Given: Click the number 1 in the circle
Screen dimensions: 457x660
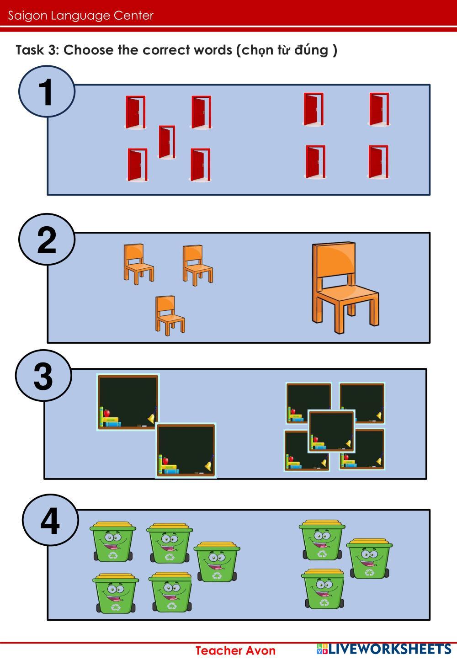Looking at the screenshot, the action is (x=46, y=92).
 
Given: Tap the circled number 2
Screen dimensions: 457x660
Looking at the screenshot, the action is (x=47, y=240).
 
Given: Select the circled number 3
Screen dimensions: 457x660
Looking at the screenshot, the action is (x=43, y=376).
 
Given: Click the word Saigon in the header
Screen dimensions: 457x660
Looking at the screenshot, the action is (x=27, y=16).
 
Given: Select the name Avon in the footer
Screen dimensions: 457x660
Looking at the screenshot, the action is (x=261, y=650).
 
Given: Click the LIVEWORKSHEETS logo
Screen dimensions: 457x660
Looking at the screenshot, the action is (x=383, y=649).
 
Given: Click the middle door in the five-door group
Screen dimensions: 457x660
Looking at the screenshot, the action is (x=167, y=142).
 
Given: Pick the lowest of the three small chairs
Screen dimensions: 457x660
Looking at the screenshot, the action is (x=170, y=315).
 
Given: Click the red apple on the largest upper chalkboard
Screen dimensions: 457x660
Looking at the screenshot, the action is (x=106, y=413).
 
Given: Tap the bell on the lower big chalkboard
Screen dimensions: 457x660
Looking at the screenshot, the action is (x=208, y=464).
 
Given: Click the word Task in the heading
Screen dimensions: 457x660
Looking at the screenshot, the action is (x=30, y=50).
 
